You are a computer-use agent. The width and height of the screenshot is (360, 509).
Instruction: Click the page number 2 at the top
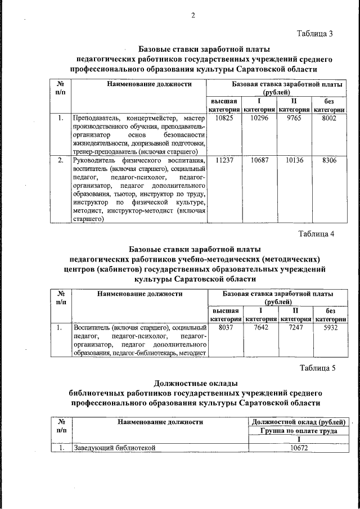point(192,15)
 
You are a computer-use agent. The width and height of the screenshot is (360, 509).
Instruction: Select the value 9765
point(295,119)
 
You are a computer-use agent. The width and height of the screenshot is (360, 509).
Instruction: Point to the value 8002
point(330,119)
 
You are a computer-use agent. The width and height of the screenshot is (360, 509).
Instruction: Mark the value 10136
point(295,160)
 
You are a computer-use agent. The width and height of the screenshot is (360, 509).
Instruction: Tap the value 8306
point(330,160)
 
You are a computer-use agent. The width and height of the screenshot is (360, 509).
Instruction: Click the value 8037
point(225,327)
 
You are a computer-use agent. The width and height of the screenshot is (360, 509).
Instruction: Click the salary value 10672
point(299,448)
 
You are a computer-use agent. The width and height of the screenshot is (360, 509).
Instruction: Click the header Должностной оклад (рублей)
point(299,422)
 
